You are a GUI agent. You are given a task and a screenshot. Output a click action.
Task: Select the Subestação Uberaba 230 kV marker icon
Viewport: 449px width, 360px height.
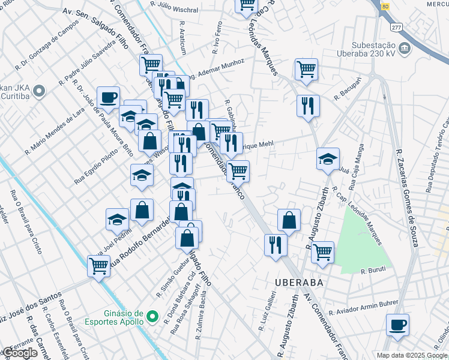tap(403, 48)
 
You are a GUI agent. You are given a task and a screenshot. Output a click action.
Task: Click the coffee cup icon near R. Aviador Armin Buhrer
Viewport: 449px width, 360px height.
tap(397, 325)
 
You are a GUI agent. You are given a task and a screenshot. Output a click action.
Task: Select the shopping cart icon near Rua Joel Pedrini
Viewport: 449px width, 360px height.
tap(98, 265)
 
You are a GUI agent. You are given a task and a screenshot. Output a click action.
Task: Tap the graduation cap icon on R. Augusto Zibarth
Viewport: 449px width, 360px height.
tap(328, 158)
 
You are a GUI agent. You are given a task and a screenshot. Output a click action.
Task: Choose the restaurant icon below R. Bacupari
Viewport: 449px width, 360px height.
tap(307, 106)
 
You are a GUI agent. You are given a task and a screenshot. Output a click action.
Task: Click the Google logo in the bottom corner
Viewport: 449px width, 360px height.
tap(20, 353)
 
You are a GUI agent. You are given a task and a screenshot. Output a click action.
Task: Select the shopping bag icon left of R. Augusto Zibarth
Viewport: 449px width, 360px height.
tap(289, 220)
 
